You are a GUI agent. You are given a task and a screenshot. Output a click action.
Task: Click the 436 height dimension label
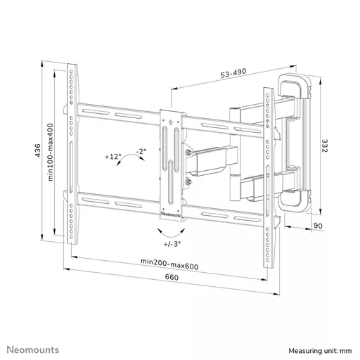37,150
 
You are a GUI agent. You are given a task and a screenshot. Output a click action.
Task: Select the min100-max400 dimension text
51,153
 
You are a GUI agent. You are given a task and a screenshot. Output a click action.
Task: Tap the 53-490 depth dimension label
233,73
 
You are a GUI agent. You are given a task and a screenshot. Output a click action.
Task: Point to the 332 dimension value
324,146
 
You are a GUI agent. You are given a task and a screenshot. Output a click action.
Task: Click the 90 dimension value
318,226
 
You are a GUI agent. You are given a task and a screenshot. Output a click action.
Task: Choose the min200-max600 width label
169,264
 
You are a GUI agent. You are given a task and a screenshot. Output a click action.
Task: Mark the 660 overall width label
172,277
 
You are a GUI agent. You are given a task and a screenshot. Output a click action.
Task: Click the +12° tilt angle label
113,156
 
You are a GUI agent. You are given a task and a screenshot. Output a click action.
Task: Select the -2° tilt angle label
141,151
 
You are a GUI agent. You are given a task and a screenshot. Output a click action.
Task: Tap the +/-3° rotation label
172,244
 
